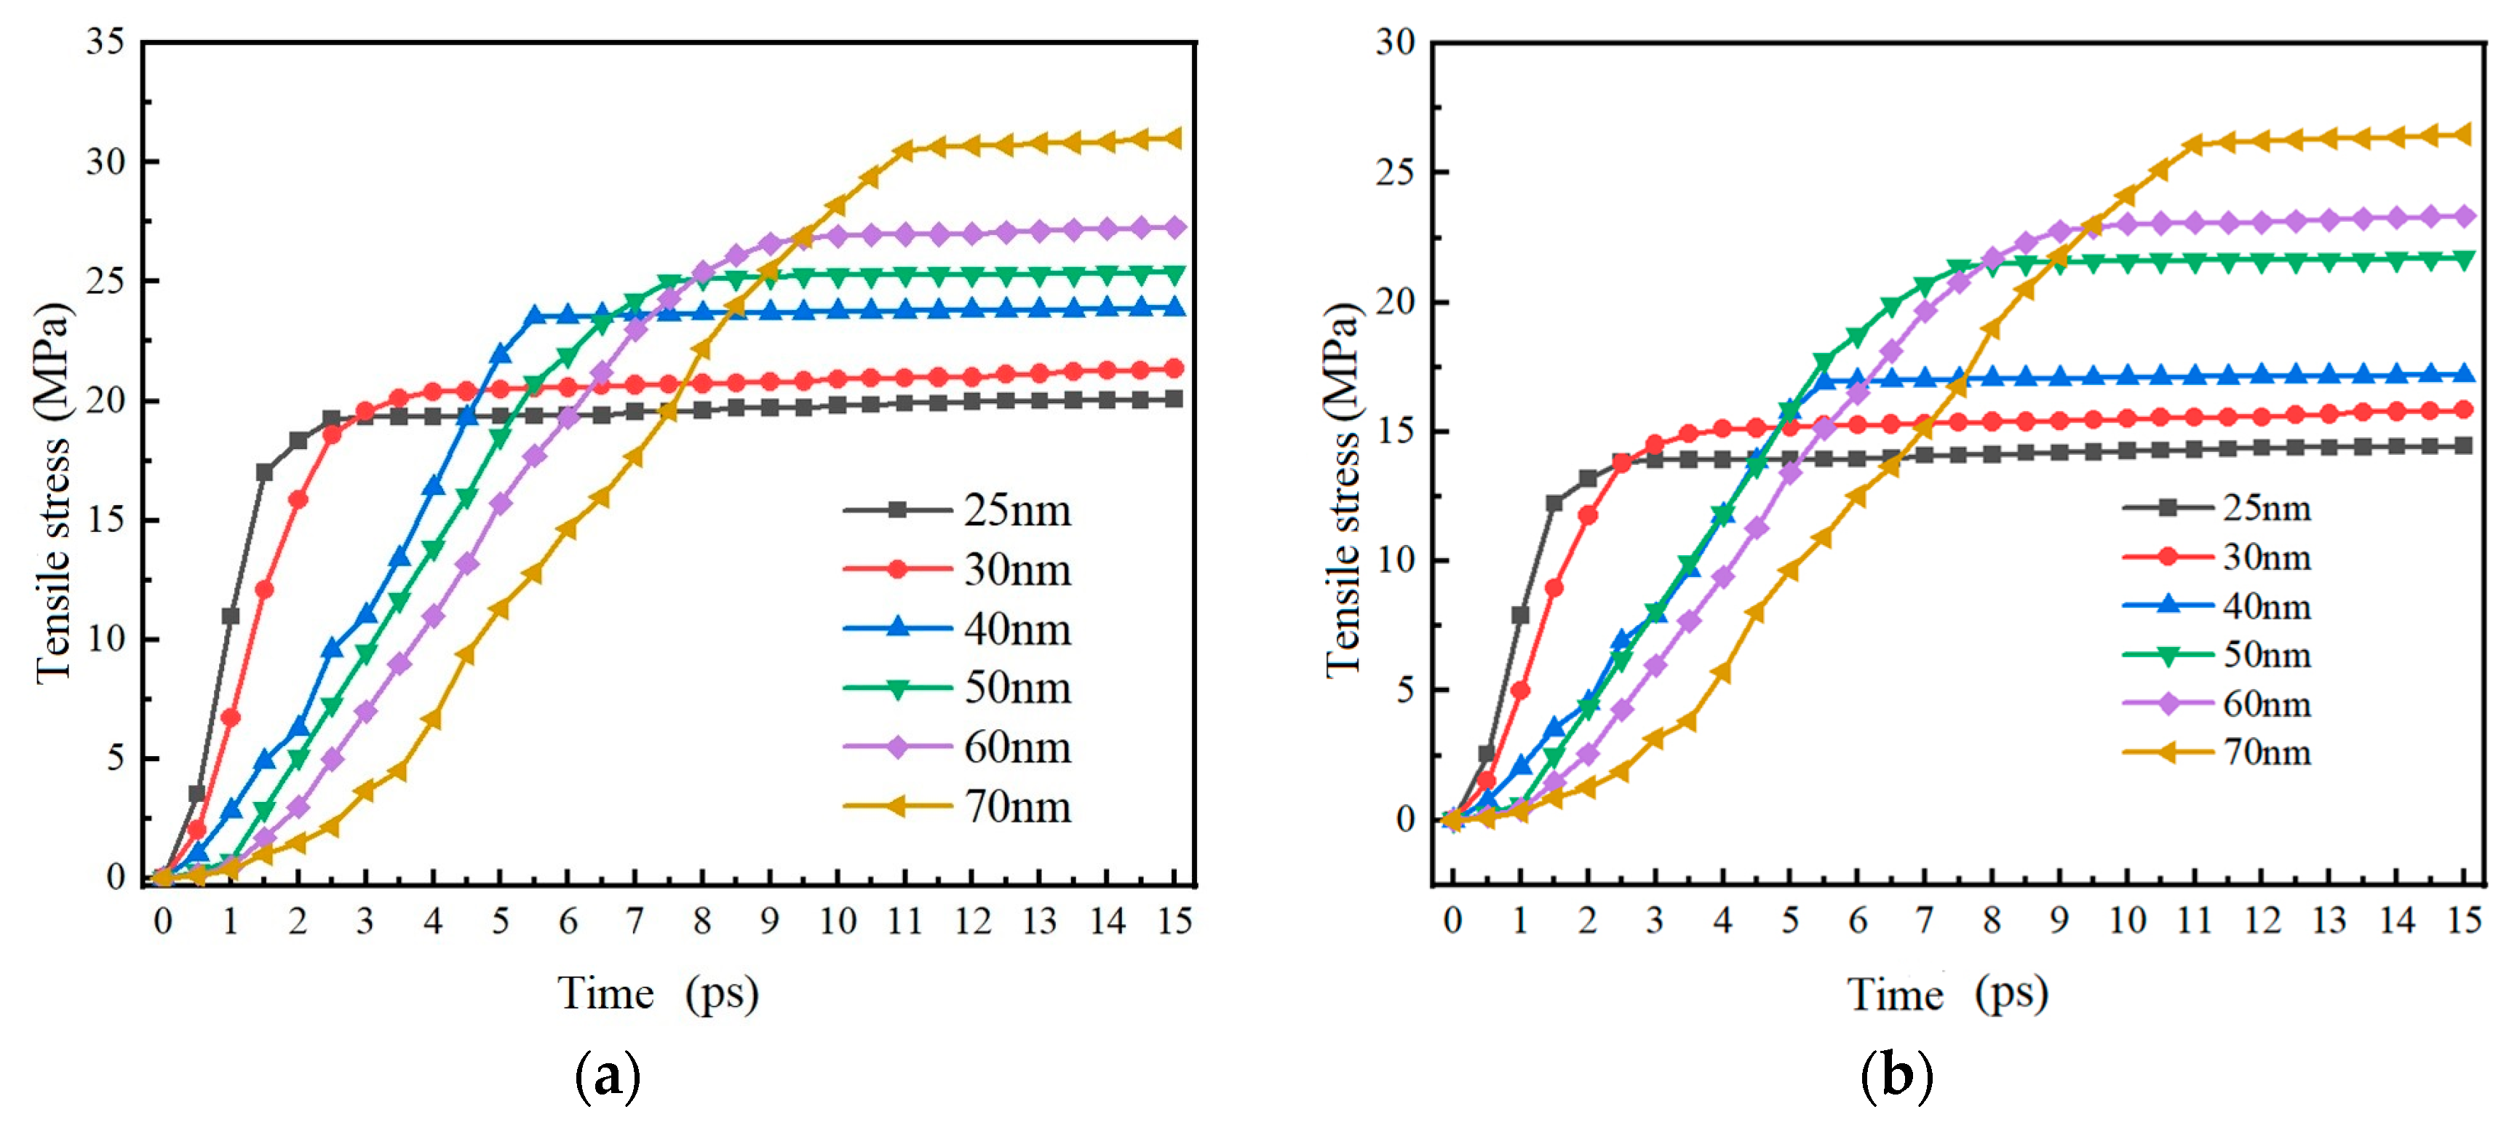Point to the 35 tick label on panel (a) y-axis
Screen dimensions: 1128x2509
(106, 42)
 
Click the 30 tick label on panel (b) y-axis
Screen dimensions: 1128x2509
(1395, 42)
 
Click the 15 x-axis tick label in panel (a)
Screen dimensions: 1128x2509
(1174, 921)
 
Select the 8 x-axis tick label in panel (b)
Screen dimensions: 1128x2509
(1992, 921)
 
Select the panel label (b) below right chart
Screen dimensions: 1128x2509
(1896, 1076)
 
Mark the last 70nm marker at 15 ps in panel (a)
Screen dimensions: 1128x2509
(1174, 138)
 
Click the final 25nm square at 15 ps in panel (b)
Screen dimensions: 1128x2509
(2464, 445)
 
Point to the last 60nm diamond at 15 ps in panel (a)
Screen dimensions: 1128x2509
(1174, 228)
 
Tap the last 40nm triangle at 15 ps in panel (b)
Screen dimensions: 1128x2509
(2464, 374)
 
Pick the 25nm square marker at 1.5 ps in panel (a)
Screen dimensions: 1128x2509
(264, 472)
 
